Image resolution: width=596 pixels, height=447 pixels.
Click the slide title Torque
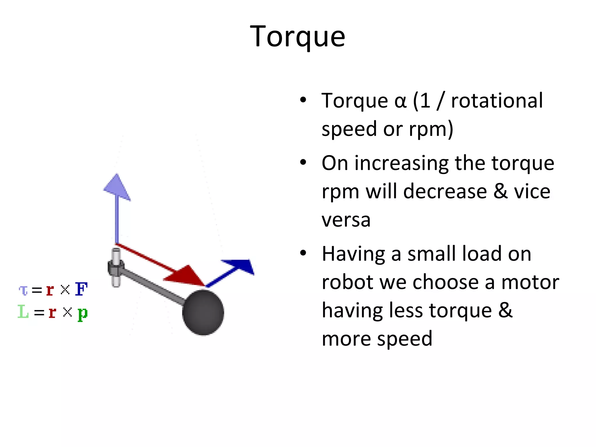click(x=297, y=36)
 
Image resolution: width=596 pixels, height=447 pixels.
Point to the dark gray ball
click(x=203, y=312)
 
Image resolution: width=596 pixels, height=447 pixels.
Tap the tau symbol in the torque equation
click(x=23, y=290)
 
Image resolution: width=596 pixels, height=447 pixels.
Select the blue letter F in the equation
click(x=81, y=289)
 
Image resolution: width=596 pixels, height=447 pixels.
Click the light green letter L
click(x=23, y=312)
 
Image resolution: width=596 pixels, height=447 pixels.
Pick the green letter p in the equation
click(x=83, y=313)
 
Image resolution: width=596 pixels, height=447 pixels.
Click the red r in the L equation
click(x=52, y=313)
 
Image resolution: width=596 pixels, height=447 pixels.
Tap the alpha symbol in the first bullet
click(x=400, y=101)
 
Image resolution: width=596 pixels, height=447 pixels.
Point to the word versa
click(x=346, y=220)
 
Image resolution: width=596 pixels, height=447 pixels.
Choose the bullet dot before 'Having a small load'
click(x=303, y=253)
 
